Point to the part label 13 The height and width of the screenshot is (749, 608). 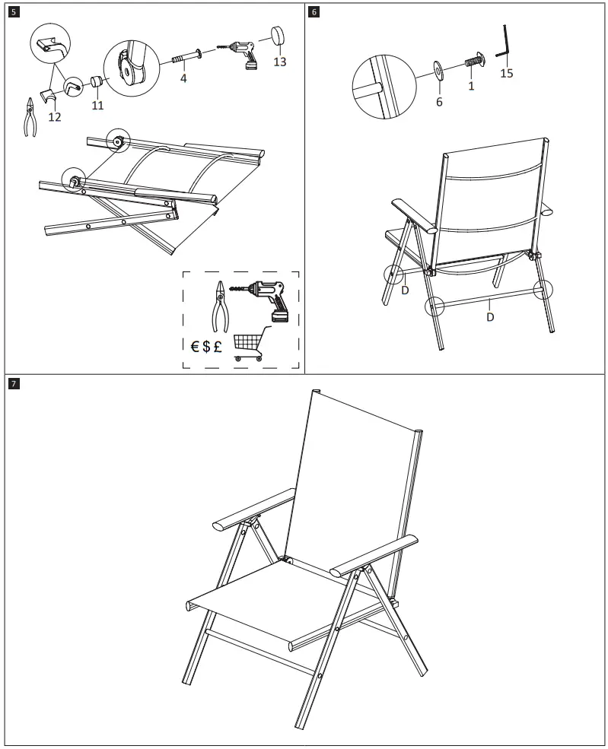280,62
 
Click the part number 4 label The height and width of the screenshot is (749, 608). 183,78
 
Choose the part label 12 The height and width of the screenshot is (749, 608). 55,117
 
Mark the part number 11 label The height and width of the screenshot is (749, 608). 97,106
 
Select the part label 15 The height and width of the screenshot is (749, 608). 507,73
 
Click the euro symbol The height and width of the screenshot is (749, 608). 195,346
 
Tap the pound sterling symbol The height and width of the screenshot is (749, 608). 218,346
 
